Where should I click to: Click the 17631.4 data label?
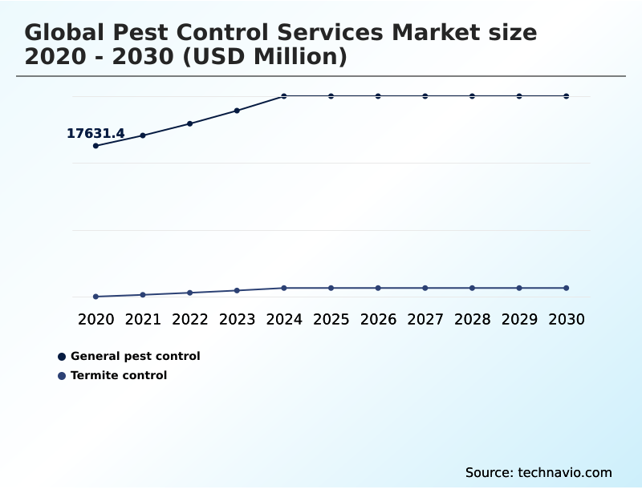coord(95,134)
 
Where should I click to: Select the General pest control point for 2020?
coord(95,146)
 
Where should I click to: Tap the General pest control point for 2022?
coord(190,123)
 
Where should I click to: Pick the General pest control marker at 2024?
coord(284,96)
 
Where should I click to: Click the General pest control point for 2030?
coord(567,96)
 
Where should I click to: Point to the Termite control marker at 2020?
coord(95,297)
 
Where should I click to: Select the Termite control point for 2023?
coord(237,290)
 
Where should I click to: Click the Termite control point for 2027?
coord(425,288)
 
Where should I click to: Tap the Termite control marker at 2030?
coord(567,288)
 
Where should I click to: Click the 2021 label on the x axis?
coord(143,320)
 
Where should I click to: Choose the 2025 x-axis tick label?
coord(331,320)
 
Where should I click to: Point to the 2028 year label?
coord(472,320)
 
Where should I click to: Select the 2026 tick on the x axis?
coord(378,320)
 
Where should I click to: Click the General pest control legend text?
coord(135,356)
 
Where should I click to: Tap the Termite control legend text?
coord(119,375)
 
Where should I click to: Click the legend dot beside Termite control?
coord(62,376)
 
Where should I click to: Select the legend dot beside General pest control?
coord(62,357)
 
